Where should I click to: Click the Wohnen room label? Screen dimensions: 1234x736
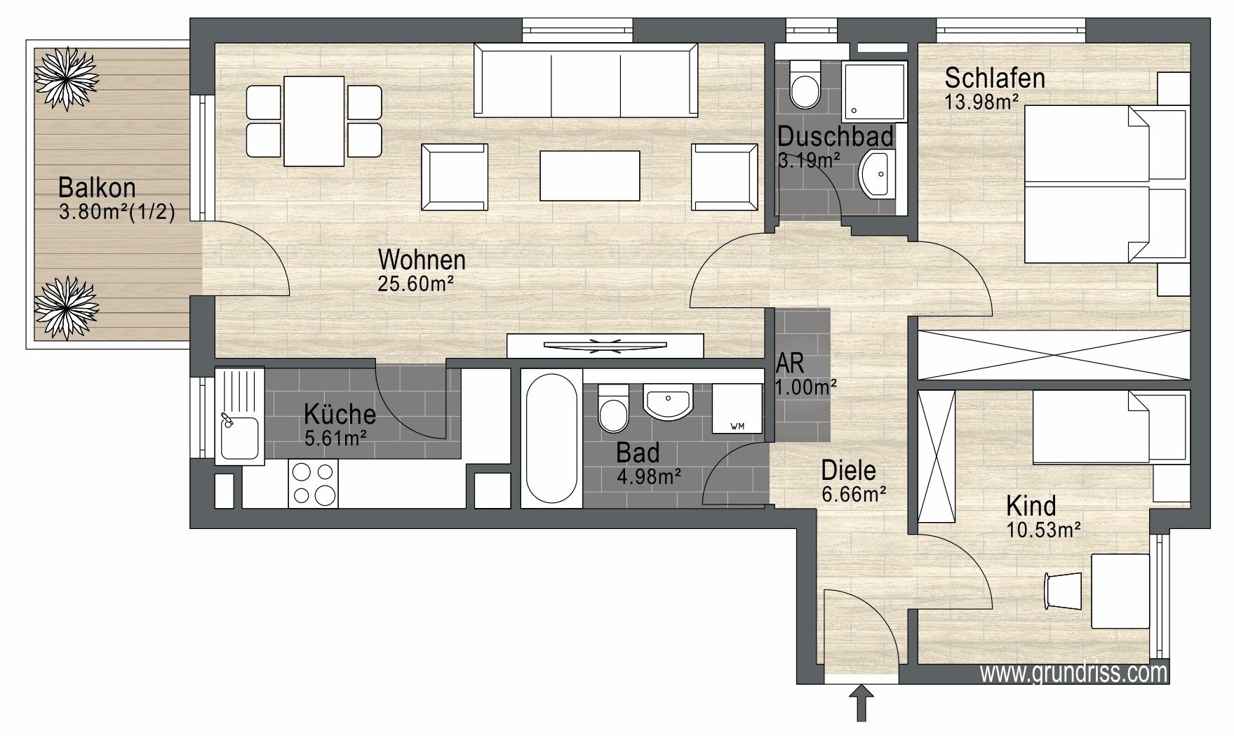pyautogui.click(x=422, y=260)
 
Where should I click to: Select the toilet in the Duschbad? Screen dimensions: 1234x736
pyautogui.click(x=805, y=83)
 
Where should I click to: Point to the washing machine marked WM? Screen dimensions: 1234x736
pyautogui.click(x=737, y=409)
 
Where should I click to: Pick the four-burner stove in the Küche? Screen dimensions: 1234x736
pyautogui.click(x=313, y=483)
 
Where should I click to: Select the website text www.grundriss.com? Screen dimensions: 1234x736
pyautogui.click(x=1073, y=673)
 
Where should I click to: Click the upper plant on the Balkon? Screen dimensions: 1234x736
pyautogui.click(x=67, y=79)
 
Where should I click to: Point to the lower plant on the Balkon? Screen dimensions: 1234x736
pyautogui.click(x=67, y=308)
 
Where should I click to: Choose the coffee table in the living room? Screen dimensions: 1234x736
pyautogui.click(x=589, y=175)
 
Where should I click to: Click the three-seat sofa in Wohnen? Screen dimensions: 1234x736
pyautogui.click(x=586, y=80)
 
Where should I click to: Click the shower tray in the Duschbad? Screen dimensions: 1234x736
pyautogui.click(x=874, y=90)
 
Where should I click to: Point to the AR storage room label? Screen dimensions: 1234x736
pyautogui.click(x=790, y=363)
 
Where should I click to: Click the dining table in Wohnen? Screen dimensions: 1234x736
pyautogui.click(x=314, y=120)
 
